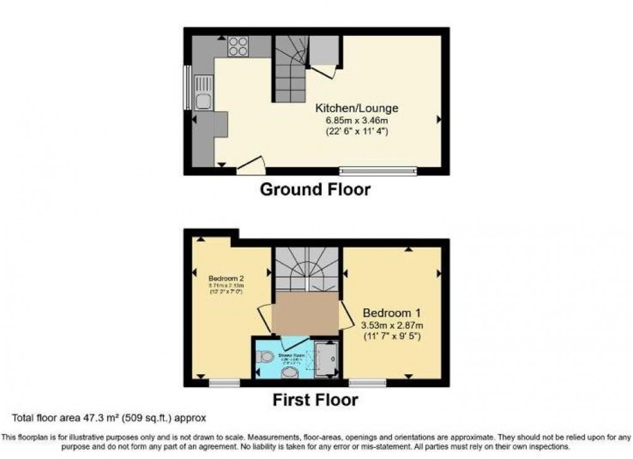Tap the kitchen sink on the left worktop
[x=203, y=92]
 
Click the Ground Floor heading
[x=315, y=189]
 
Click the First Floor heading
[x=315, y=400]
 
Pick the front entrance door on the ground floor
[x=251, y=166]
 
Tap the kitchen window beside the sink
[x=187, y=87]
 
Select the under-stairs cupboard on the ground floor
[x=323, y=50]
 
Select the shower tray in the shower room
[x=326, y=359]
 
